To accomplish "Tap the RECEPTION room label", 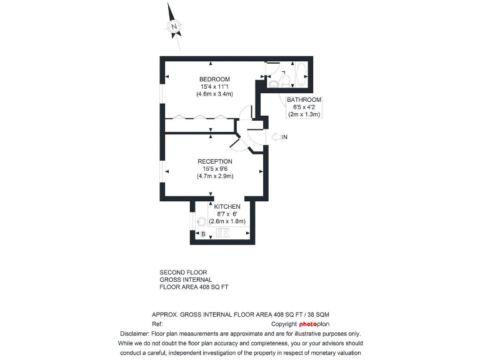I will (214, 162).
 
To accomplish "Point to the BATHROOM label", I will (304, 100).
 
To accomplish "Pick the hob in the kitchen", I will (222, 233).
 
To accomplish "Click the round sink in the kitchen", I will (202, 221).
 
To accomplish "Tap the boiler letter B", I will (202, 234).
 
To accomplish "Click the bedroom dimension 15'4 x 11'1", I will (214, 86).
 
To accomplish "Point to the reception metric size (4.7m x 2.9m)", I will (214, 176).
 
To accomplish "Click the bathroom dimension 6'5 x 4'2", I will (304, 107).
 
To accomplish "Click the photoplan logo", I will (314, 324).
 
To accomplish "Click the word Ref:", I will (157, 324).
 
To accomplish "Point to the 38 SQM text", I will (325, 314).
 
